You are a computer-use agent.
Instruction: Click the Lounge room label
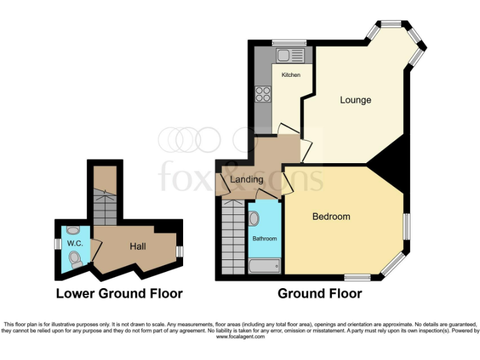tap(355, 100)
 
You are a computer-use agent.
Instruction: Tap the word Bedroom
tap(331, 217)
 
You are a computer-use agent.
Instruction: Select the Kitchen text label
tap(291, 75)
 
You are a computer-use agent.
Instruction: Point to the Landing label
tap(247, 180)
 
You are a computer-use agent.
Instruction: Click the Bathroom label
tap(264, 239)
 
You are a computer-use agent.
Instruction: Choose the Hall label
tap(138, 246)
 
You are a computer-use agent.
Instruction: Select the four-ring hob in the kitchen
tap(262, 95)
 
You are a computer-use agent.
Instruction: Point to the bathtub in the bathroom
tap(264, 267)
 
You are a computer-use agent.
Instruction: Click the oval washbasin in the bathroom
tap(254, 219)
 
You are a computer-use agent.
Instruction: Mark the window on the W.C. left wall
tap(56, 244)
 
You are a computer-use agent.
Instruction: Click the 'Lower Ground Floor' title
tap(119, 293)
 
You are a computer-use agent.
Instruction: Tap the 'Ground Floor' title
tap(319, 293)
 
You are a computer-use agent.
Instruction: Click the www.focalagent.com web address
tap(240, 337)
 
